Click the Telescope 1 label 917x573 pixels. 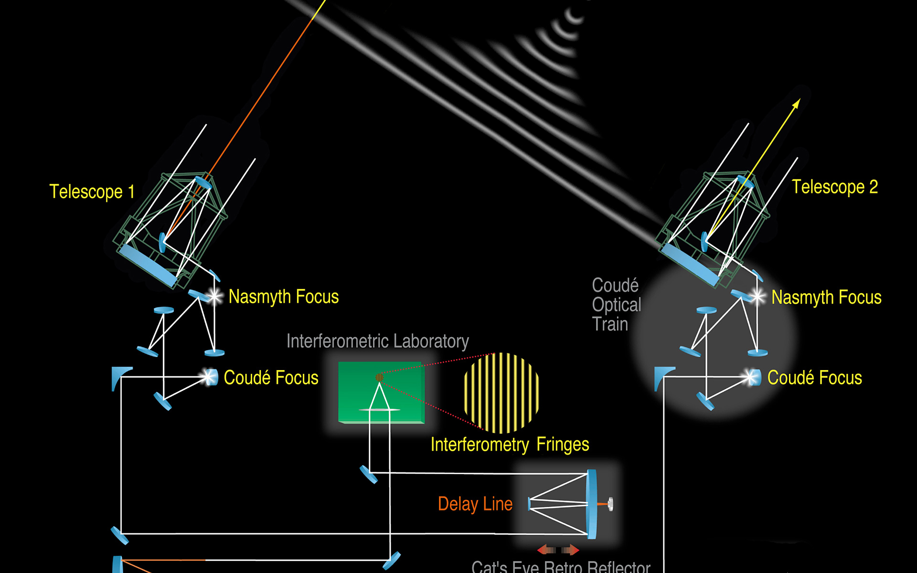92,192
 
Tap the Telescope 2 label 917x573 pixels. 834,187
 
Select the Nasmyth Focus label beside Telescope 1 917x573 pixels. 284,297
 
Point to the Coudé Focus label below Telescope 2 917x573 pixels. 814,378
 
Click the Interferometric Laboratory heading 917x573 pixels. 377,341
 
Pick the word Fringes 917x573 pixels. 563,445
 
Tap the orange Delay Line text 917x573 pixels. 475,504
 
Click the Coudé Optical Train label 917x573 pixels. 616,305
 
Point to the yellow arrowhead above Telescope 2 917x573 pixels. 796,104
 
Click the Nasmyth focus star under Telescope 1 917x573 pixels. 214,297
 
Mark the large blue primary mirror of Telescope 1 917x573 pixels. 148,265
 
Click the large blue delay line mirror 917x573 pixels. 592,504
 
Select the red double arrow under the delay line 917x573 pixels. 558,550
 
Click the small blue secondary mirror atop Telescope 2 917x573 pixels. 745,182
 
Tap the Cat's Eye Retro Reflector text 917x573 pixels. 561,567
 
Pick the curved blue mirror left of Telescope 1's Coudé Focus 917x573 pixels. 118,377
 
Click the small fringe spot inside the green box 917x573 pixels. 380,377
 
